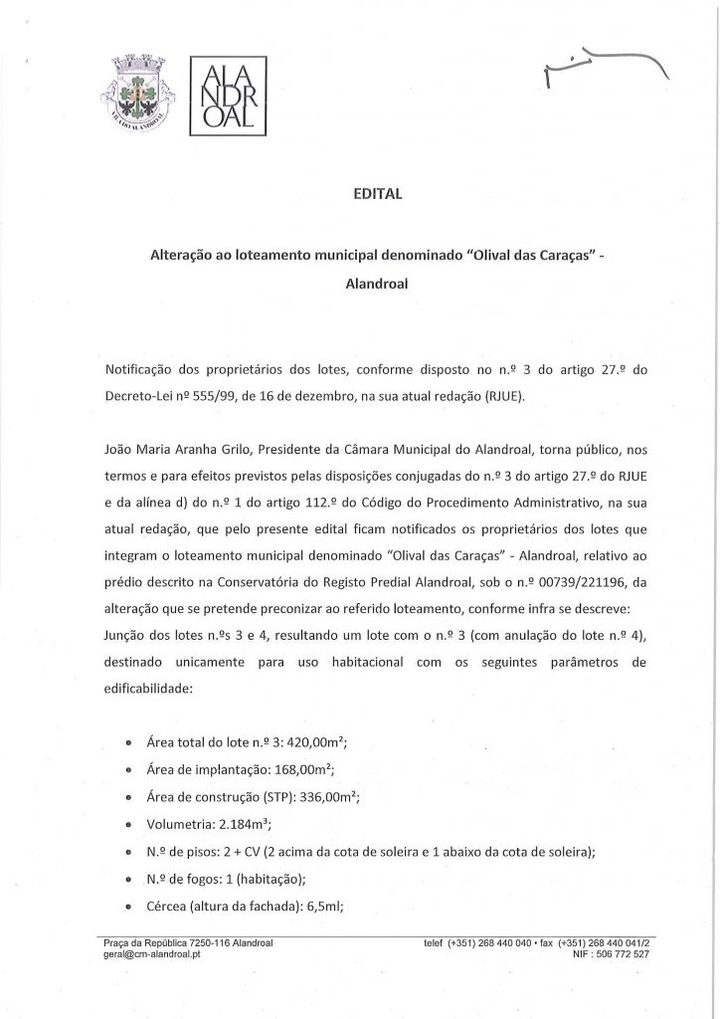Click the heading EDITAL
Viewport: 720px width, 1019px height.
(x=359, y=195)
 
